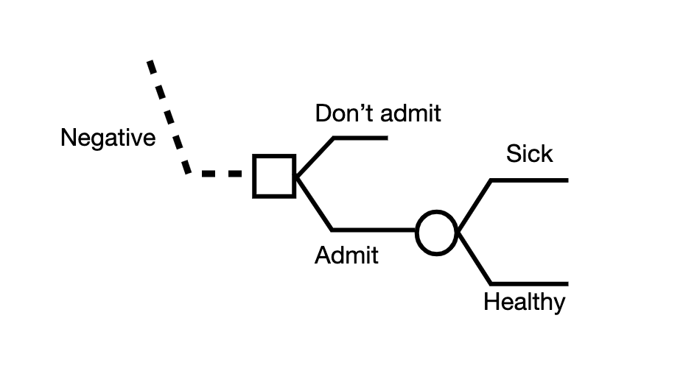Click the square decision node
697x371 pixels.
tap(274, 176)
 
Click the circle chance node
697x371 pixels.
tap(437, 233)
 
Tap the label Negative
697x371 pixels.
tap(108, 138)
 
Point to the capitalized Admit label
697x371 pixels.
tap(346, 255)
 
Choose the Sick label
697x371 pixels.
tap(529, 154)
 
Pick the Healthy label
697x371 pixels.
tap(525, 302)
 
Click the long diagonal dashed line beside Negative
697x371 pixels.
tap(168, 118)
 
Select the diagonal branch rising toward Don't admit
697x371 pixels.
tap(315, 156)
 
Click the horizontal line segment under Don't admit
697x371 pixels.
tap(360, 138)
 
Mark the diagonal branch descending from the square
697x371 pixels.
tap(315, 203)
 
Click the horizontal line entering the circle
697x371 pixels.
tap(374, 230)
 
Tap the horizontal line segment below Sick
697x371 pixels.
tap(528, 180)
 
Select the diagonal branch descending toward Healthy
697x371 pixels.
tap(474, 258)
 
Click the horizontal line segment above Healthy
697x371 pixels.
tap(528, 284)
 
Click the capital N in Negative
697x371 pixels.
tap(69, 138)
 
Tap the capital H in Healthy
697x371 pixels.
tap(491, 302)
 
